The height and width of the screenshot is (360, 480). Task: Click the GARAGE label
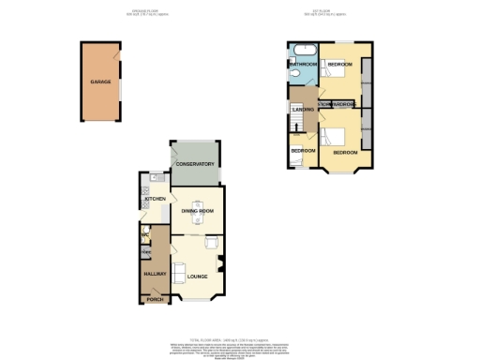click(100, 82)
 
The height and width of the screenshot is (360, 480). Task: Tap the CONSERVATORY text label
click(194, 164)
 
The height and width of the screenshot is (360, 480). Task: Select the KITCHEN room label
click(155, 199)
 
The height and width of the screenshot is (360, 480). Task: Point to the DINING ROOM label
click(198, 211)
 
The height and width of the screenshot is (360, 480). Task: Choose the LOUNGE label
click(197, 276)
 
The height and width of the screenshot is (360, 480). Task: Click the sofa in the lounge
click(177, 272)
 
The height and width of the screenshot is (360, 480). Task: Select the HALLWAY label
click(154, 273)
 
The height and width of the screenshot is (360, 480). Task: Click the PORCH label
click(154, 299)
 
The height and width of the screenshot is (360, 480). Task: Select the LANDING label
click(302, 111)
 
